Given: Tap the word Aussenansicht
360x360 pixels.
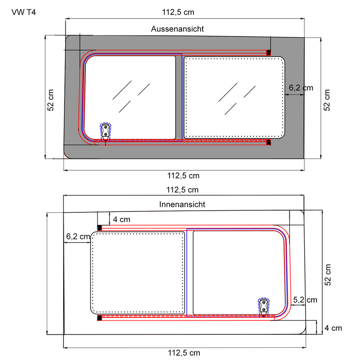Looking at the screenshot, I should click(x=177, y=29).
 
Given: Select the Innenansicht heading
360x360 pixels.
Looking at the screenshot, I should click(x=182, y=204).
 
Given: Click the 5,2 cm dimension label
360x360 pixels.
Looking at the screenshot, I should click(x=305, y=300).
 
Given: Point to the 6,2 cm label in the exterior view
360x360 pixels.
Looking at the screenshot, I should click(x=301, y=88).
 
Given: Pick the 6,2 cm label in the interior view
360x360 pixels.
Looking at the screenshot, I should click(x=78, y=236).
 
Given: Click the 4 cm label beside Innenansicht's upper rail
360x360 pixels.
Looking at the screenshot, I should click(x=121, y=220).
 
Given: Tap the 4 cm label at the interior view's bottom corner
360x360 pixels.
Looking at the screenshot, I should click(x=333, y=328).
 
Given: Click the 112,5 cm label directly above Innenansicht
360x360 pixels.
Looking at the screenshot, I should click(x=182, y=190).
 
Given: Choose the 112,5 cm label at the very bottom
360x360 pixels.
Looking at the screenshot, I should click(x=184, y=353).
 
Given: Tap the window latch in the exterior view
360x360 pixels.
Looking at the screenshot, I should click(x=105, y=130).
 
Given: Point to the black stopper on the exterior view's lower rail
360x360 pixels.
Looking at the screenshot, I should click(x=269, y=143).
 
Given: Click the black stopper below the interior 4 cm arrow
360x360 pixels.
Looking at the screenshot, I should click(x=99, y=228).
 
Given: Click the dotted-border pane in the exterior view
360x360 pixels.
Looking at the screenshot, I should click(x=234, y=97).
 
